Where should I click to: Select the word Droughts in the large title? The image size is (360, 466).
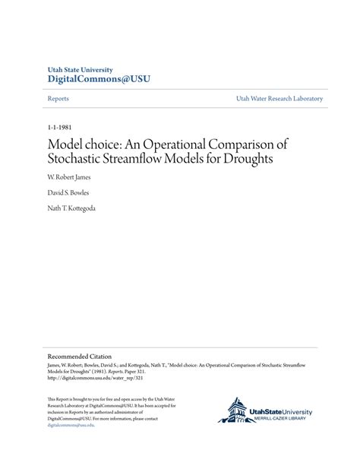245,160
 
